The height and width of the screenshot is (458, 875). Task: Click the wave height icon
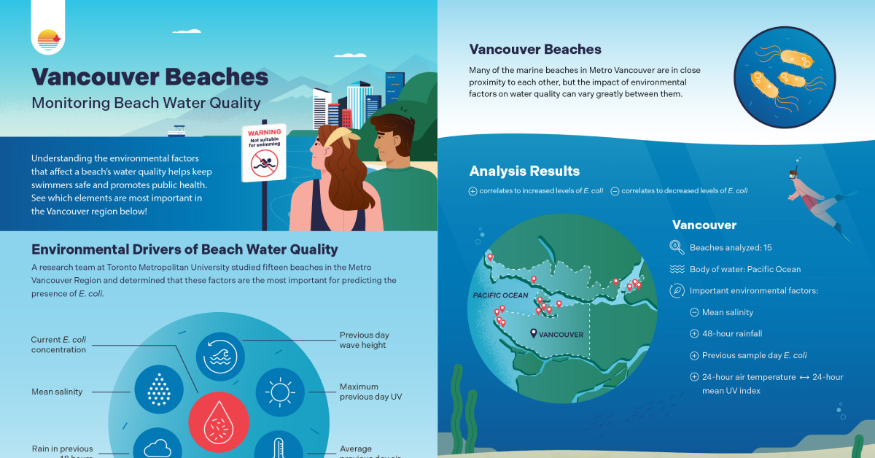pos(220,357)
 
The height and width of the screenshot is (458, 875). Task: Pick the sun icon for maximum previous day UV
pos(279,392)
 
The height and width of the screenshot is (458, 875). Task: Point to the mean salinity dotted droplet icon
pos(158,389)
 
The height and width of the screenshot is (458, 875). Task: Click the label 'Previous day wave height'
pos(362,340)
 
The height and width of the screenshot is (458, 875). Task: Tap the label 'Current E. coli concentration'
pos(58,344)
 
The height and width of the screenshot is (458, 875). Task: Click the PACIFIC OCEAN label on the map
pos(500,295)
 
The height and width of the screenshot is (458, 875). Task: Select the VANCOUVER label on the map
pos(561,334)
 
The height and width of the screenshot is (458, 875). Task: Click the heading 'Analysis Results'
pos(524,171)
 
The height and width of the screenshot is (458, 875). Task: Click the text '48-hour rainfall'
pos(731,333)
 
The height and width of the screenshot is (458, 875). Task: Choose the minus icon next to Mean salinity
pos(693,312)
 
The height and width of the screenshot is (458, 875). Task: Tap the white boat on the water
pos(177,131)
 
